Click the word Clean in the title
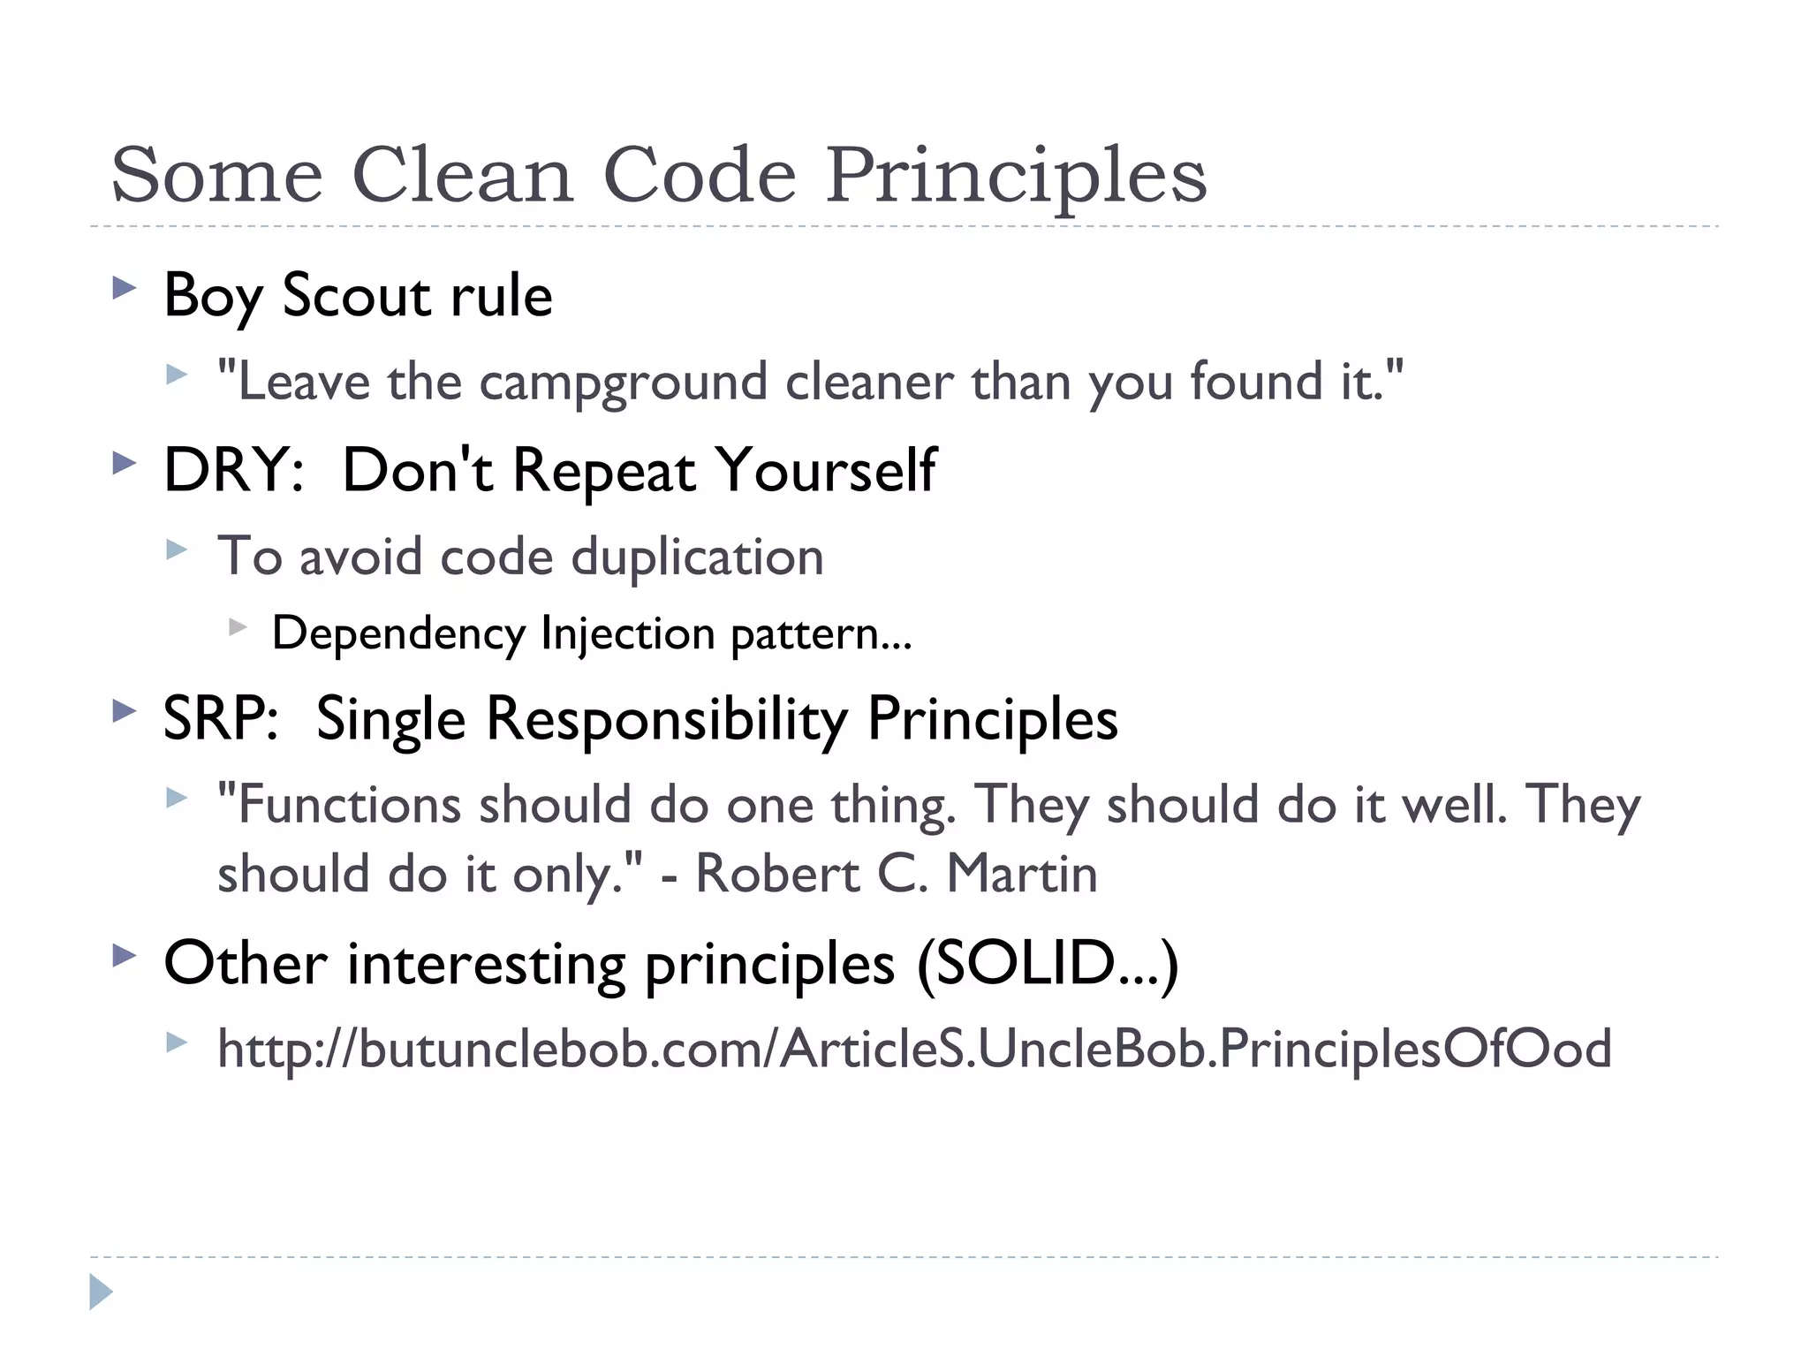click(x=463, y=175)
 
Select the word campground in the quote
click(x=624, y=383)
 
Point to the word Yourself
click(x=825, y=470)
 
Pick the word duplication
click(x=697, y=557)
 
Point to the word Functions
click(x=349, y=805)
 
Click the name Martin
click(x=1022, y=875)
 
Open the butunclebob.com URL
click(x=914, y=1050)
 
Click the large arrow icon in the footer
click(x=101, y=1292)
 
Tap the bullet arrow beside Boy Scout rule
click(x=125, y=288)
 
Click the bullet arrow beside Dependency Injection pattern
click(x=237, y=627)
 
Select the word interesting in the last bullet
click(x=487, y=964)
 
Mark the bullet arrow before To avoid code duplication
click(x=178, y=550)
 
